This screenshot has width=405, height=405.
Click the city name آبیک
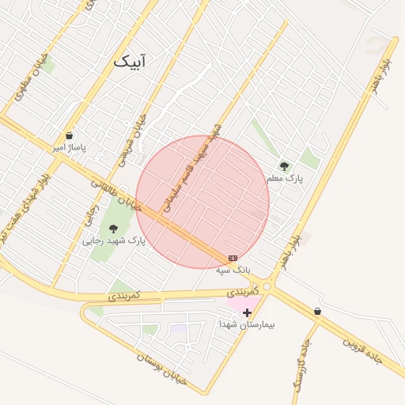pyautogui.click(x=130, y=61)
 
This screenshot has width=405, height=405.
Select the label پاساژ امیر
pyautogui.click(x=70, y=147)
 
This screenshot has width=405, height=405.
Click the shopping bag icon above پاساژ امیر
pyautogui.click(x=70, y=136)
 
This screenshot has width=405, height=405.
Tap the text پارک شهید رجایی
pyautogui.click(x=115, y=240)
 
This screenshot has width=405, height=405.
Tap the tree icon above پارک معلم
pyautogui.click(x=284, y=166)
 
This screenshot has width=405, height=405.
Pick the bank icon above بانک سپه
pyautogui.click(x=233, y=258)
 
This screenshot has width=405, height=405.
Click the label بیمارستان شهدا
pyautogui.click(x=247, y=324)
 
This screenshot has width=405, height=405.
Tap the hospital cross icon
pyautogui.click(x=248, y=313)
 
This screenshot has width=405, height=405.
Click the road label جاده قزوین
pyautogui.click(x=361, y=349)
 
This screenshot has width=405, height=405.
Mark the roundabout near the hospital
pyautogui.click(x=269, y=287)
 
